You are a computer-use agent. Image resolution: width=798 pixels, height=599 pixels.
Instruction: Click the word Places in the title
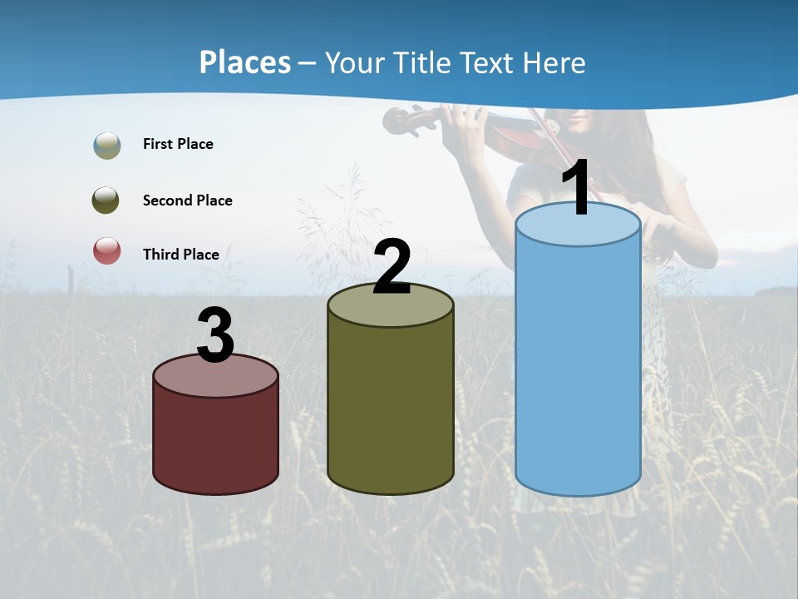(x=244, y=62)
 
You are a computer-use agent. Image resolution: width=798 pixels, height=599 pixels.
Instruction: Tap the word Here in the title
(x=554, y=62)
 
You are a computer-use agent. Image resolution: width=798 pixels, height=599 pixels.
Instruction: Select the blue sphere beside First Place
(x=106, y=146)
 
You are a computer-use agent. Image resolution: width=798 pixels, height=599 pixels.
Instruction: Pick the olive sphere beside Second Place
(x=106, y=200)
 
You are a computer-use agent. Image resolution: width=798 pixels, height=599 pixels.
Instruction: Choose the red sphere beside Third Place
(x=106, y=250)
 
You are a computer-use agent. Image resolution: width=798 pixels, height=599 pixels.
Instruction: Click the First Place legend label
(x=178, y=144)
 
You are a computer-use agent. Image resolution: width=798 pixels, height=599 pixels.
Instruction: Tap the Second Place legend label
(x=187, y=200)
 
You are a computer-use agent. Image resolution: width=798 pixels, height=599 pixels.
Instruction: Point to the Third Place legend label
(x=180, y=255)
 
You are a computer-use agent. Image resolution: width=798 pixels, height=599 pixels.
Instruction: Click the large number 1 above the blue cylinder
(x=577, y=187)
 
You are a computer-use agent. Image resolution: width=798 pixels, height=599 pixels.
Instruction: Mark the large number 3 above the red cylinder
(x=216, y=335)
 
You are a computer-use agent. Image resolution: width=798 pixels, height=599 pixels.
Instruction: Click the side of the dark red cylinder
(x=216, y=441)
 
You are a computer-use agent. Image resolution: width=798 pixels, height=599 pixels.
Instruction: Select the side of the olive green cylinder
(x=391, y=399)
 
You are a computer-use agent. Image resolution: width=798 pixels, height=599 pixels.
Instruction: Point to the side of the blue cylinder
(x=578, y=366)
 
